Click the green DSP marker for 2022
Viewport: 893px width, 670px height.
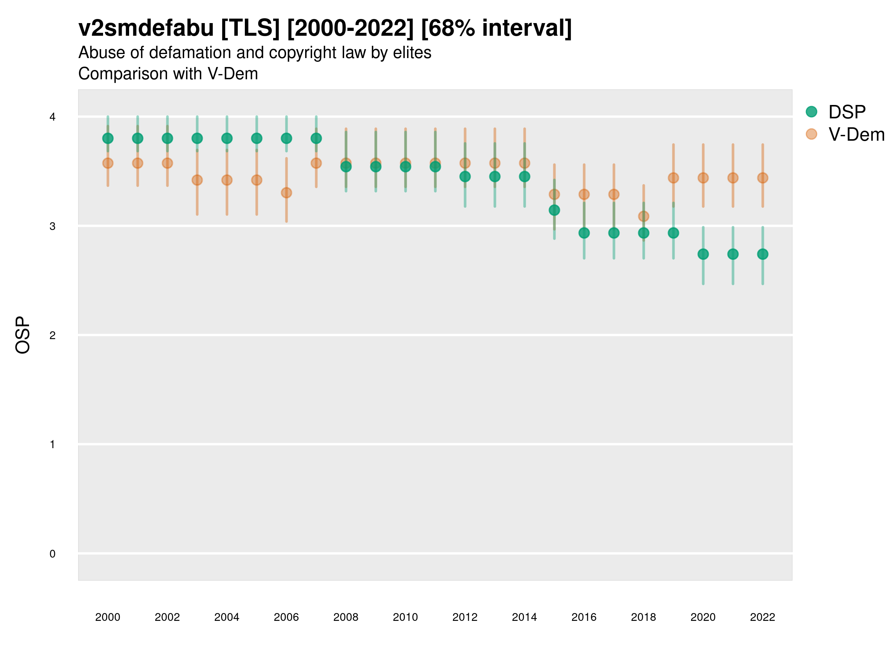point(763,254)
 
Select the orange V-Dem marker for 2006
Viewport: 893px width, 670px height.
point(286,193)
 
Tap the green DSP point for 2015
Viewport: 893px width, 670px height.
point(554,210)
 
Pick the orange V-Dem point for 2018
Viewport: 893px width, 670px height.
point(643,217)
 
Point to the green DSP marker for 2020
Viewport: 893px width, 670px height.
point(703,254)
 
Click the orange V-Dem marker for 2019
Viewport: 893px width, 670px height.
point(673,178)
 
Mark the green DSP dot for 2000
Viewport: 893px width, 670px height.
point(108,138)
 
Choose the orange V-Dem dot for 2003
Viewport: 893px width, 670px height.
point(197,180)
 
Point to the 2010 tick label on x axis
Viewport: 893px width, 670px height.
point(405,617)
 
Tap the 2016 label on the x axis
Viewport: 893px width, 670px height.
point(584,617)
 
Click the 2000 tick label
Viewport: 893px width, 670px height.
point(108,617)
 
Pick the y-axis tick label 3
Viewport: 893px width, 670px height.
point(52,226)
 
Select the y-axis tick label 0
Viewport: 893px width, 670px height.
point(52,554)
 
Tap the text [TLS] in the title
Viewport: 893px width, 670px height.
point(250,28)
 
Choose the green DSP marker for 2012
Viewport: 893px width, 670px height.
point(465,176)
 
